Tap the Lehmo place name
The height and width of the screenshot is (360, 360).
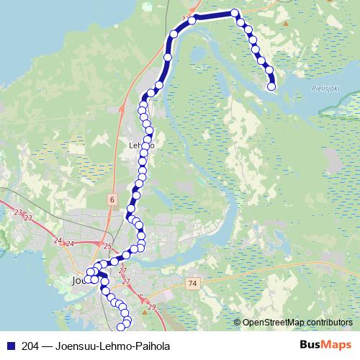point(140,145)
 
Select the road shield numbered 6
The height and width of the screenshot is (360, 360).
point(112,197)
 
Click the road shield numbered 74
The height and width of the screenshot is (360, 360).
point(191,284)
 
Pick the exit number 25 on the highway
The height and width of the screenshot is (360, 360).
point(107,247)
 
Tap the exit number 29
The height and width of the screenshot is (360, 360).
point(150,307)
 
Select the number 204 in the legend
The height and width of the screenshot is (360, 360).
point(30,346)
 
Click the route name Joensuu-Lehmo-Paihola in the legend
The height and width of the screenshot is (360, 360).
point(108,346)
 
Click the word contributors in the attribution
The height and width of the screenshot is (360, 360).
point(330,322)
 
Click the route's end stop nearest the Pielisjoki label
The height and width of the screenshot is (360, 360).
point(271,86)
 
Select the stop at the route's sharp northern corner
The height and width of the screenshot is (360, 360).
point(235,12)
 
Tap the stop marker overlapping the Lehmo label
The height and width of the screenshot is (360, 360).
point(145,145)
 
